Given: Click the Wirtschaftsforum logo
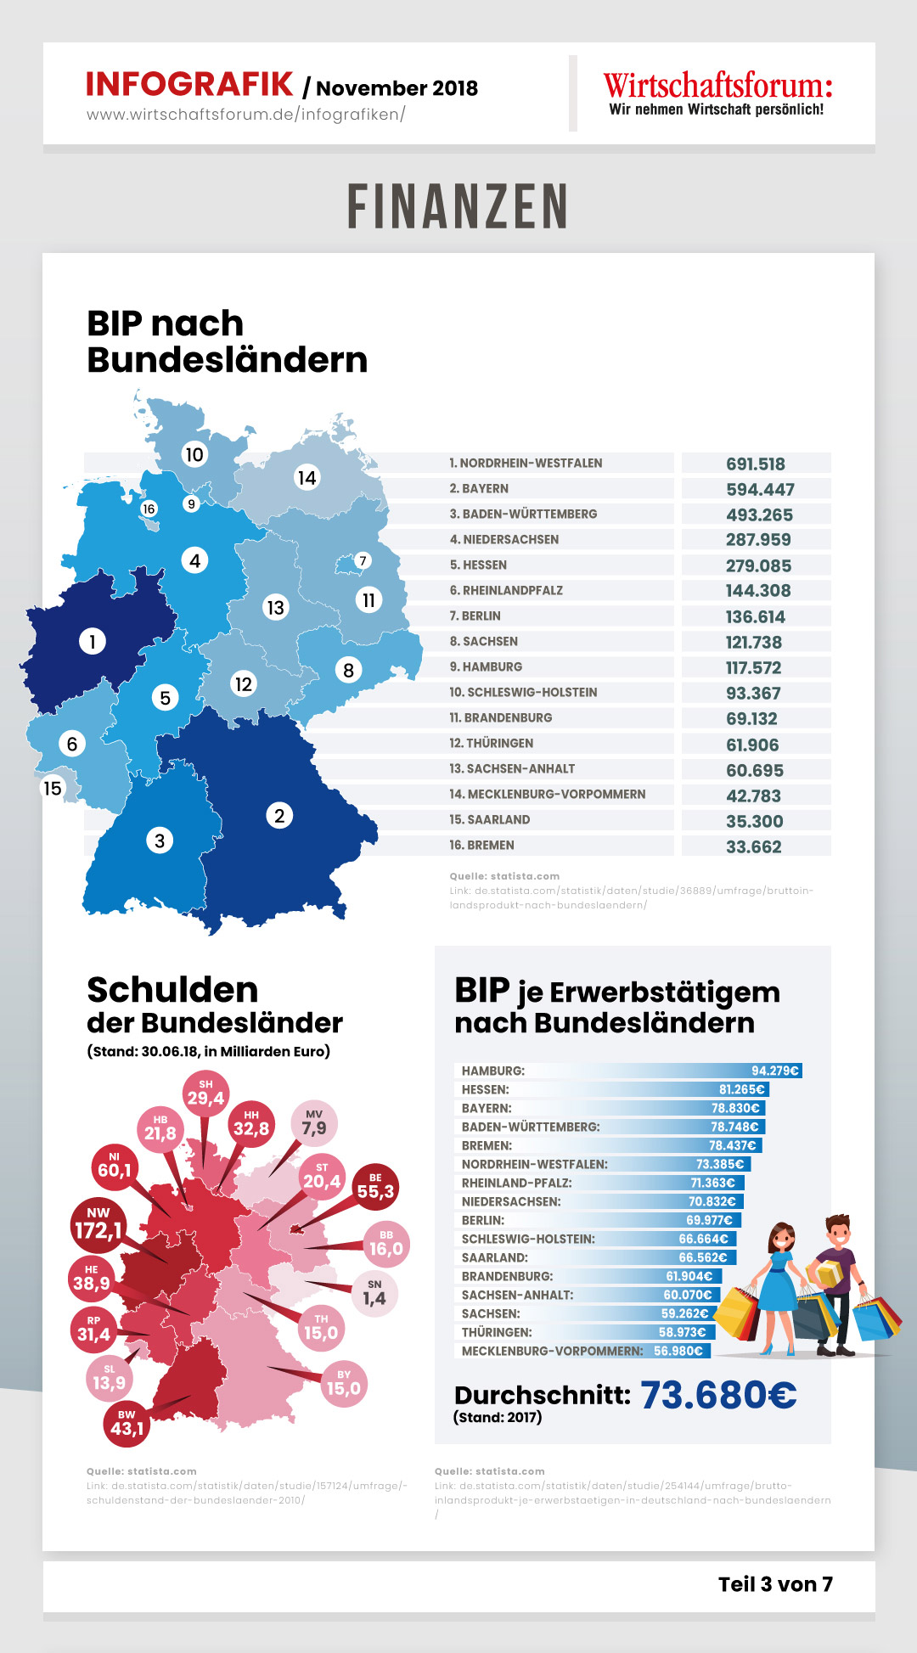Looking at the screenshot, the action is pos(717,93).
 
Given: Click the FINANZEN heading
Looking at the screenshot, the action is pos(458,206).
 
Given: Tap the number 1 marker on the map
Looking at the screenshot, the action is pos(93,641).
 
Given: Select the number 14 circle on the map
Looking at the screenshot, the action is pos(307,478).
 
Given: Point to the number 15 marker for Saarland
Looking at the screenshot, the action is pos(53,788).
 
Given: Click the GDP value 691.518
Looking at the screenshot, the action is pos(756,464).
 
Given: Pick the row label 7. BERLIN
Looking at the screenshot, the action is pos(475,616).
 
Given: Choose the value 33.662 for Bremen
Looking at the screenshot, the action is pos(754,846).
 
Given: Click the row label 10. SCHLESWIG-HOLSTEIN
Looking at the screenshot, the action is pos(523,693).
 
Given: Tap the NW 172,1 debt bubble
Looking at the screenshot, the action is pos(98,1223).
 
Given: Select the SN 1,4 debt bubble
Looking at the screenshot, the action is pos(374,1294).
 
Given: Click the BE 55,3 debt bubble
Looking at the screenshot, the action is pos(375,1187).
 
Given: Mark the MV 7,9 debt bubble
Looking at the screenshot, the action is pos(314,1123).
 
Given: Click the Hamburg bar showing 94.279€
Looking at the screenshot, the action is pos(628,1071).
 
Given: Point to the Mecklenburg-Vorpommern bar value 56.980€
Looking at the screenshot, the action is pos(678,1351).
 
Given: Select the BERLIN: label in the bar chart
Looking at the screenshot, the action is pos(483,1220).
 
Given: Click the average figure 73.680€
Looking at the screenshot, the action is pos(718,1395).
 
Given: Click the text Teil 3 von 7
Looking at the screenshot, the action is pos(775,1584).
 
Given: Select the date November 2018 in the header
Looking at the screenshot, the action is pos(397,88).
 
